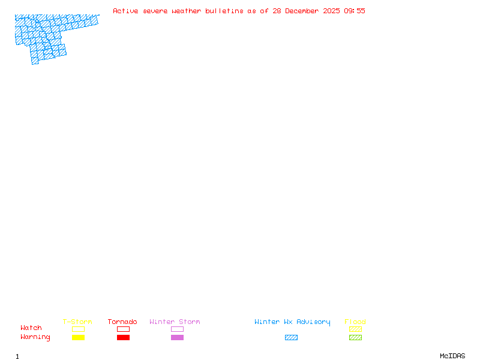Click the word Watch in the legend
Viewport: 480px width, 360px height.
(x=31, y=328)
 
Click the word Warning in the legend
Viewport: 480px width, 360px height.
(x=35, y=337)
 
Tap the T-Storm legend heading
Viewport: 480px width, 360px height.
(x=77, y=322)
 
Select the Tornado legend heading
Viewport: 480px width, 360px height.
(x=122, y=322)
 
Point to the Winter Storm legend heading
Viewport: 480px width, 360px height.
(x=175, y=322)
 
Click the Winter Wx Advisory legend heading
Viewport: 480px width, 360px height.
(x=292, y=322)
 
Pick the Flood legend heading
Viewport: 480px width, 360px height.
(x=355, y=322)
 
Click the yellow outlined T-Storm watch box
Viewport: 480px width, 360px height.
(x=78, y=329)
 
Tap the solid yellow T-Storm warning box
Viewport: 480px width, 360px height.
(x=78, y=338)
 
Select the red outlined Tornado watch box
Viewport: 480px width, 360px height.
(x=123, y=329)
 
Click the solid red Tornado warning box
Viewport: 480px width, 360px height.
(x=123, y=338)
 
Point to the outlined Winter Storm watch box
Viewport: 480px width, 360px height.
(x=177, y=329)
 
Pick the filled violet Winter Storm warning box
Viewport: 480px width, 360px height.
(x=177, y=338)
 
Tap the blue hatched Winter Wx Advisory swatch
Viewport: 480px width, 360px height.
(x=291, y=338)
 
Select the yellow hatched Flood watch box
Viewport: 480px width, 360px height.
(x=355, y=329)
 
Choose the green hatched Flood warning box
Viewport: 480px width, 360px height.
(x=355, y=338)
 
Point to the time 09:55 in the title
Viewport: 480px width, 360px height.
(x=354, y=11)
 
